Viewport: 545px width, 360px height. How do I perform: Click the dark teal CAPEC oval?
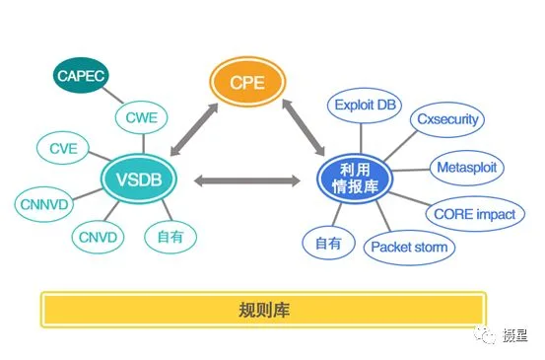(81, 76)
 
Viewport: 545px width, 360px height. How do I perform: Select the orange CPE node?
(247, 82)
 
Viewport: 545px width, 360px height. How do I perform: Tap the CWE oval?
(142, 117)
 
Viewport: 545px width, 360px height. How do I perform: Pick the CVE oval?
(63, 148)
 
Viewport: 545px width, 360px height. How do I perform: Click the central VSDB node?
(139, 179)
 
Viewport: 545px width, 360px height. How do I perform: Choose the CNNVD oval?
(44, 204)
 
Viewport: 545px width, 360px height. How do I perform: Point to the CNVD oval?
(98, 238)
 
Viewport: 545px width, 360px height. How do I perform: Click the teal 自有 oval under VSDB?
(170, 237)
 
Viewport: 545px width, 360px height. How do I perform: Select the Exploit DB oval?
(365, 106)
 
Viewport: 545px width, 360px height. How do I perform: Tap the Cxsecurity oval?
(447, 119)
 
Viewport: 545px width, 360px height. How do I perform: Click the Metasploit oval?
(467, 168)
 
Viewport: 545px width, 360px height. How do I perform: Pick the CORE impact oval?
(475, 214)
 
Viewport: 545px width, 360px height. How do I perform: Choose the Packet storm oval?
(409, 248)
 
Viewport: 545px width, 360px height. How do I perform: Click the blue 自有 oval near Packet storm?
(328, 244)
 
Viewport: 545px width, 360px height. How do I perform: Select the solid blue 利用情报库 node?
(355, 179)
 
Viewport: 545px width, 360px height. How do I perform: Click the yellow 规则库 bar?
(263, 310)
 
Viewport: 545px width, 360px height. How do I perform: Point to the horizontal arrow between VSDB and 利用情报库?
(247, 180)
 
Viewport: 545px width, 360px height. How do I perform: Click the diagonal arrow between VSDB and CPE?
(194, 129)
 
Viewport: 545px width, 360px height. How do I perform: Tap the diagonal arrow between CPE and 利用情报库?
(304, 127)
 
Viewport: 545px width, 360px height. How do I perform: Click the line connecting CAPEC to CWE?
(112, 95)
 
